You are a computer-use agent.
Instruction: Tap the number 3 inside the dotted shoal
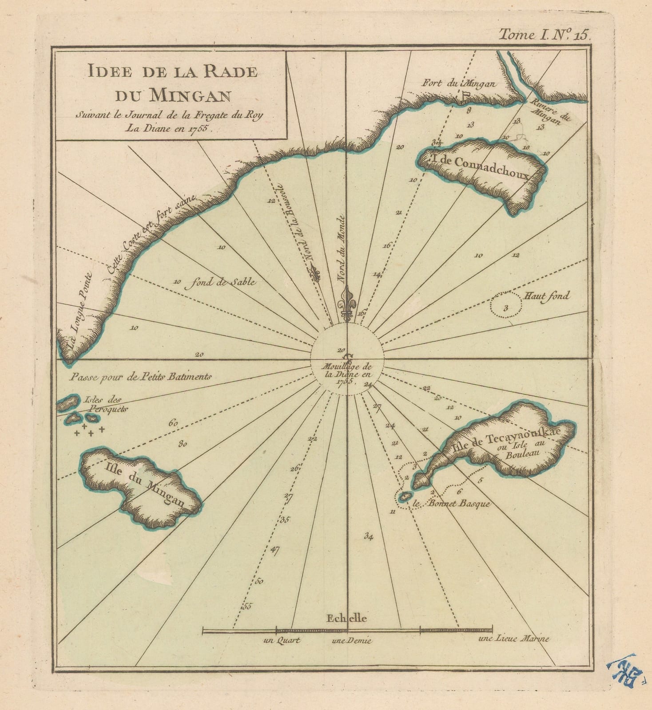[x=505, y=308]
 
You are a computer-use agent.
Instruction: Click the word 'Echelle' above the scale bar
[x=346, y=618]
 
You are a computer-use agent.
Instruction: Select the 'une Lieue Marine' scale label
[x=514, y=639]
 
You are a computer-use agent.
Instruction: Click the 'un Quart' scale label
[x=282, y=640]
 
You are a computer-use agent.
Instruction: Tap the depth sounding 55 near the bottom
[x=247, y=606]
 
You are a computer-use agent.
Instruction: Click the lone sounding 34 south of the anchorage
[x=368, y=536]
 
